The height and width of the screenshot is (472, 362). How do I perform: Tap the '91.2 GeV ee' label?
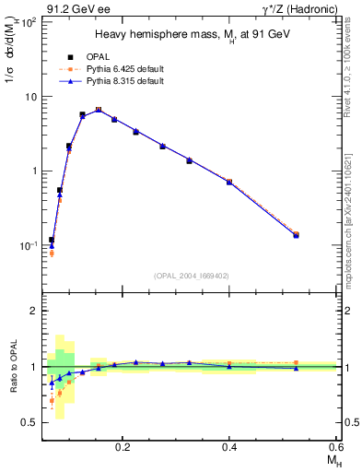click(74, 10)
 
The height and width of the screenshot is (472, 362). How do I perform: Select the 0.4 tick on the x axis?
click(229, 446)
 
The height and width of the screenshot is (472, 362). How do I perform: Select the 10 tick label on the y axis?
click(29, 96)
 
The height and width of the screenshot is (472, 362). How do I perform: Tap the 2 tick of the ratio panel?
click(32, 311)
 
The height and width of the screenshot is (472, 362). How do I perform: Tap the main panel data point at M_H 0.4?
click(229, 182)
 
